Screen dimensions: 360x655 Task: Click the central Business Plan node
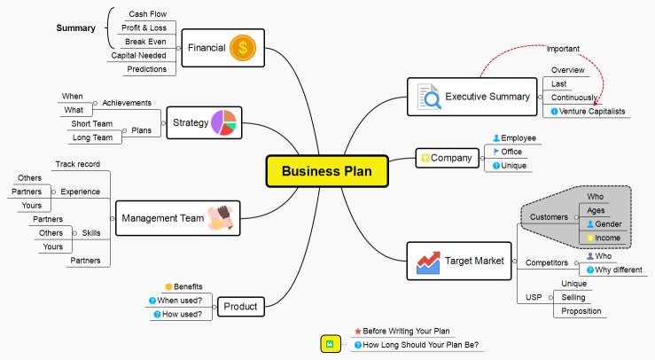[x=327, y=171]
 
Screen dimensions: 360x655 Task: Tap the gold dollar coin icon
[x=243, y=48]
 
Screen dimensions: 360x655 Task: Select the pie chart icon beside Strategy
[x=223, y=122]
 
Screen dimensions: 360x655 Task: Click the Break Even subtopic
[x=145, y=42]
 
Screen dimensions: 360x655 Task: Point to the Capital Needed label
[x=138, y=55]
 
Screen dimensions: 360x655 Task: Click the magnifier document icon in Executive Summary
[x=428, y=96]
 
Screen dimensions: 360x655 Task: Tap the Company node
[x=445, y=159]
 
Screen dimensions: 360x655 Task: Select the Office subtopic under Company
[x=511, y=152]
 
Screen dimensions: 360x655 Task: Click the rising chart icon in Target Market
[x=428, y=262]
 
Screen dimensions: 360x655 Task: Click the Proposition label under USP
[x=581, y=311]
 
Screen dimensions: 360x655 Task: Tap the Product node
[x=240, y=307]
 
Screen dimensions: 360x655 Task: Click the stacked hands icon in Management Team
[x=220, y=218]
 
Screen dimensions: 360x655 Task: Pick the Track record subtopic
[x=77, y=164]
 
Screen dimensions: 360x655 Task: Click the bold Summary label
[x=76, y=28]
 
